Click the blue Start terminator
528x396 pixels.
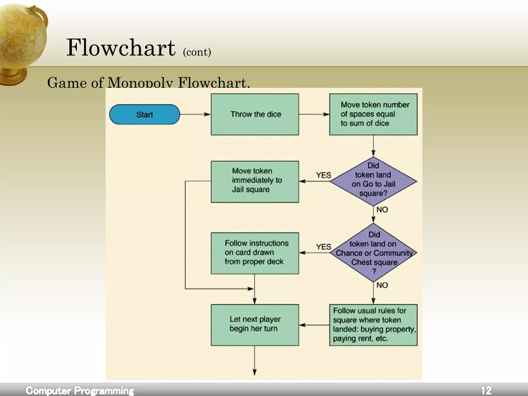(144, 114)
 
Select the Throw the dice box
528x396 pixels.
(255, 114)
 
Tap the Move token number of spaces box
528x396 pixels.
(373, 114)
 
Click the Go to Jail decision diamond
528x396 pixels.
(373, 181)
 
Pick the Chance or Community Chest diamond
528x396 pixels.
(373, 253)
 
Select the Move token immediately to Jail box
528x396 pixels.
(255, 181)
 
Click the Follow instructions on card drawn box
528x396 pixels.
(255, 253)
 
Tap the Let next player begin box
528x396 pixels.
(255, 325)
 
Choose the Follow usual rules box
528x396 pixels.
(373, 325)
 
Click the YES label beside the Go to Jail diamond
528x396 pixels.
(323, 175)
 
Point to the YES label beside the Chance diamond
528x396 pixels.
(323, 247)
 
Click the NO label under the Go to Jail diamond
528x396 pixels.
(382, 210)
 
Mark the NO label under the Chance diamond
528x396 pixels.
(382, 285)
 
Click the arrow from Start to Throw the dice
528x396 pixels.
(195, 114)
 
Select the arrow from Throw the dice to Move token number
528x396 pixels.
(314, 114)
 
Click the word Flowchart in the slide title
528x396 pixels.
(121, 48)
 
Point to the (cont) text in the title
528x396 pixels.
(197, 52)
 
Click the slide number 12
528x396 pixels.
(486, 390)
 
